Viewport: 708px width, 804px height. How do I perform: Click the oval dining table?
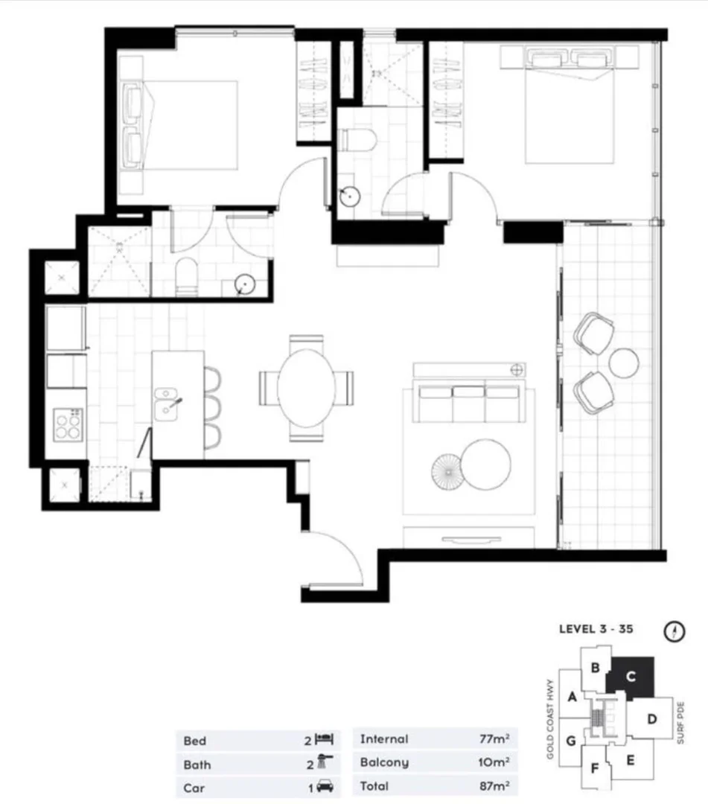(x=306, y=387)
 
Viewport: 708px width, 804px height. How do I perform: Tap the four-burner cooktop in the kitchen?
(x=66, y=426)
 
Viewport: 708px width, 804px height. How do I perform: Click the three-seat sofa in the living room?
(x=469, y=402)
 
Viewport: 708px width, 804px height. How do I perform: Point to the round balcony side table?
(x=623, y=363)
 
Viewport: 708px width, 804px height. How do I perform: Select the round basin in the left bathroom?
(x=243, y=284)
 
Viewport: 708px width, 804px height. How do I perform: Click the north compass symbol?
(x=673, y=632)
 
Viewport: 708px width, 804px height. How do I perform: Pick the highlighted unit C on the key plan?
(x=631, y=677)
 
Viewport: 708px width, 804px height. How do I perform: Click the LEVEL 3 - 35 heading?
(x=596, y=629)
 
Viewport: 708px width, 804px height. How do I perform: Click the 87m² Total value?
(x=494, y=786)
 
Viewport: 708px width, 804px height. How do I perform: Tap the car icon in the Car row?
(x=325, y=787)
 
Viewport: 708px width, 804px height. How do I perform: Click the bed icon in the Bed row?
(x=324, y=740)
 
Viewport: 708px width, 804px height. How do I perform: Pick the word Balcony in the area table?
(x=384, y=763)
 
